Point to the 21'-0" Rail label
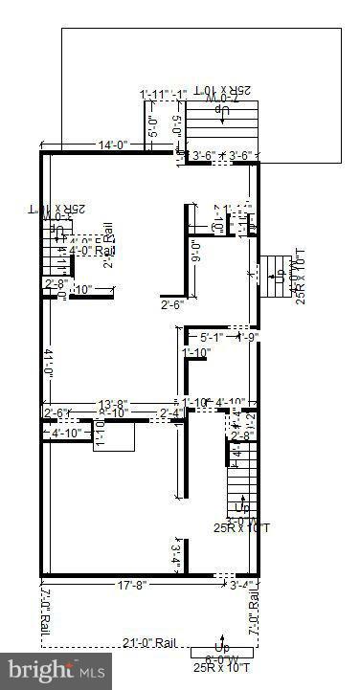click(150, 641)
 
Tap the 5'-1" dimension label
click(214, 337)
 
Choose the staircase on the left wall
click(56, 254)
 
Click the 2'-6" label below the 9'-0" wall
click(173, 305)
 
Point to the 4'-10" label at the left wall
click(67, 433)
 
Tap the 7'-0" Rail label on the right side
click(254, 612)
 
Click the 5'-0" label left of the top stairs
click(155, 127)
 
